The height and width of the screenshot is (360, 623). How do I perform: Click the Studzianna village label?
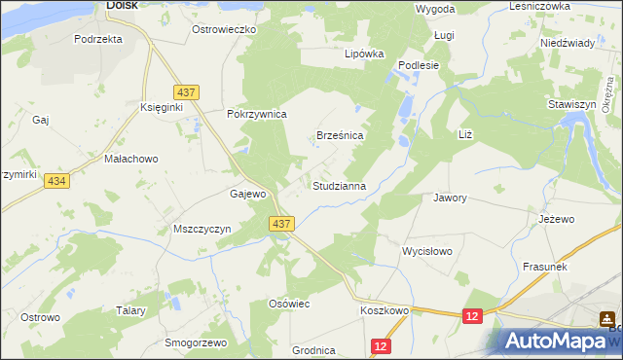click(x=339, y=185)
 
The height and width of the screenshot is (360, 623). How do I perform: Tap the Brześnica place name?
click(x=340, y=136)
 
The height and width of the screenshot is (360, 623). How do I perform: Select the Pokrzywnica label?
click(x=256, y=114)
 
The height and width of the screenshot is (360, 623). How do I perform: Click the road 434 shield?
click(x=56, y=183)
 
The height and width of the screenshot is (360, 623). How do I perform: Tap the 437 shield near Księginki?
click(x=189, y=92)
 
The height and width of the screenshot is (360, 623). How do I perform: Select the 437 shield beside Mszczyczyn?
click(x=281, y=224)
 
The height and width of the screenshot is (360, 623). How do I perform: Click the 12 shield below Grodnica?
click(x=380, y=345)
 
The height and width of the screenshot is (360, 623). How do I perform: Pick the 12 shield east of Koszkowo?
click(x=472, y=315)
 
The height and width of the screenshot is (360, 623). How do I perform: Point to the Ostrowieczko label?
click(x=223, y=30)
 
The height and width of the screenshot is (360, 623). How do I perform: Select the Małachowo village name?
click(x=130, y=158)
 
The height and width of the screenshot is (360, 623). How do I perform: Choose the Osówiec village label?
click(x=288, y=305)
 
